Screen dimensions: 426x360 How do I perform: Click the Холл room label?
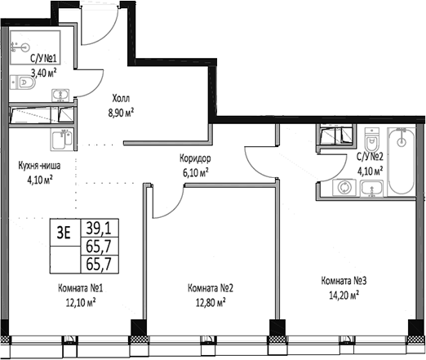point(121,98)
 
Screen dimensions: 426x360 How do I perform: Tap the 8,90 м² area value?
point(121,113)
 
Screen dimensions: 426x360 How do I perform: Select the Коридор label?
point(195,158)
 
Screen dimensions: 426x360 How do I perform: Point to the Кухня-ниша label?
point(39,166)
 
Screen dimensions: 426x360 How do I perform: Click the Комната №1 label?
point(81,288)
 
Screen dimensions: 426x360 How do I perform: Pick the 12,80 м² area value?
point(211,302)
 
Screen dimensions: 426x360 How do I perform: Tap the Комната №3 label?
point(344,281)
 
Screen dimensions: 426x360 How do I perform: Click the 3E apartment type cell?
point(64,233)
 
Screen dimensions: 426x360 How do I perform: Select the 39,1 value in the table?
point(99,229)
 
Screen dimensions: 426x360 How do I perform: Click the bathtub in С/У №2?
point(402,161)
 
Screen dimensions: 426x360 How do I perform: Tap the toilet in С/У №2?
point(371,140)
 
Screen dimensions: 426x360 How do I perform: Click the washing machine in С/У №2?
point(344,188)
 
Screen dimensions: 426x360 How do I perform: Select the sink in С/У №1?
point(60,96)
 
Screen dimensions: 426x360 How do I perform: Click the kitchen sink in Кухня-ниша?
point(62,140)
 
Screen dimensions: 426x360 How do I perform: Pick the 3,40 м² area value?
point(44,73)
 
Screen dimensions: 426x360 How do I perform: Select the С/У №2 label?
point(370,157)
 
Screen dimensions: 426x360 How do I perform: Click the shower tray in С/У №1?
point(35,47)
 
